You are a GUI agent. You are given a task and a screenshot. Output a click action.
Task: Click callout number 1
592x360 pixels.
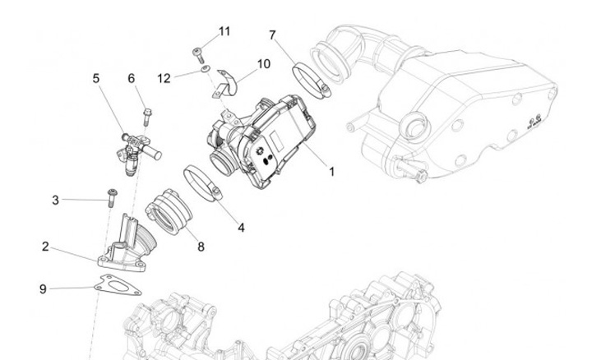coord(331,173)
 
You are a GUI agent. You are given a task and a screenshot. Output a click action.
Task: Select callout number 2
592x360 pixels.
coord(46,246)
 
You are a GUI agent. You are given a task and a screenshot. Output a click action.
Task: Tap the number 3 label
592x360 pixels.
coord(56,200)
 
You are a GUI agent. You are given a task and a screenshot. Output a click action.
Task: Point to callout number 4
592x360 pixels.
coord(241,227)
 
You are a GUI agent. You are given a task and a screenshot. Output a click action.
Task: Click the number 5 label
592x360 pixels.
coord(96,78)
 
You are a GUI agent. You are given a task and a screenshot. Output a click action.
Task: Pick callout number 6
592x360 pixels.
coord(131,78)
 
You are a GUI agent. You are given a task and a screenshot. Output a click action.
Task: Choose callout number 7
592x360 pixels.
coord(272,35)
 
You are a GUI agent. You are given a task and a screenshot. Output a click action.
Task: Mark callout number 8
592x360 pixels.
coord(201,246)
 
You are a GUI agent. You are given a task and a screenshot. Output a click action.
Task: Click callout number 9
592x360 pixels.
coord(43,288)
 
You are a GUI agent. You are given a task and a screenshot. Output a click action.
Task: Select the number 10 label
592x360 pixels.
coord(263,63)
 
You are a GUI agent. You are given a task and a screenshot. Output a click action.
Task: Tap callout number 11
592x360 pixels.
coord(224,31)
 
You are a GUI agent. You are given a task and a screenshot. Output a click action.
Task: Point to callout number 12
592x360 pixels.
coord(164,78)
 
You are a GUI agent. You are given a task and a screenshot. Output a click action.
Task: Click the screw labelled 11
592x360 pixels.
coord(197,54)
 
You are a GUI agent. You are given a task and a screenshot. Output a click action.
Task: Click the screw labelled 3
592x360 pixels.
coord(110,196)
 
